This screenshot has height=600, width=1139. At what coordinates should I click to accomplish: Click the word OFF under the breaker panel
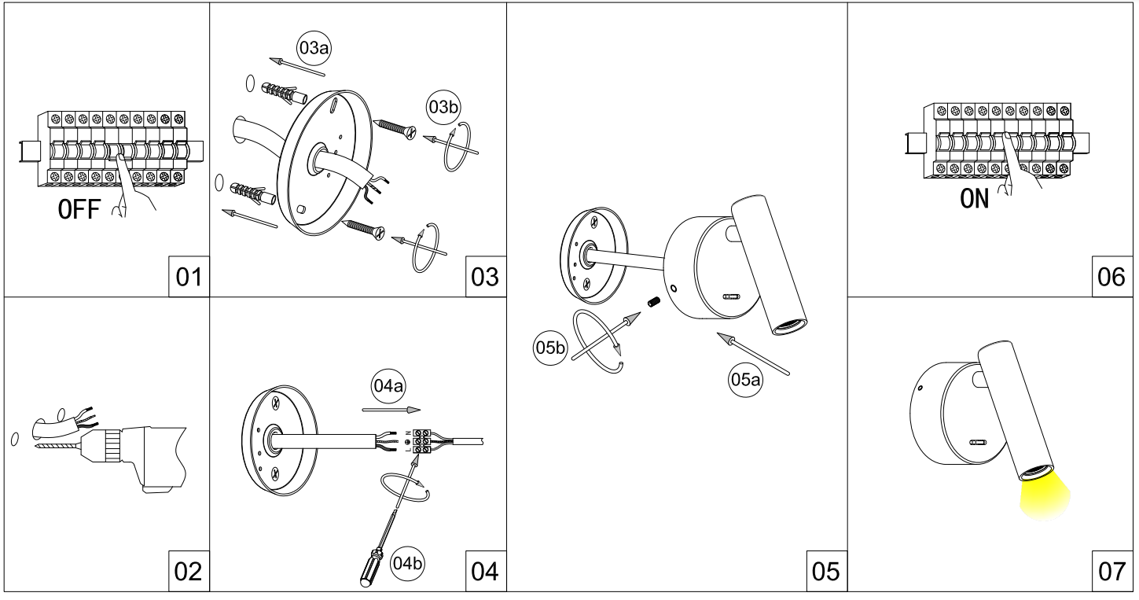79,209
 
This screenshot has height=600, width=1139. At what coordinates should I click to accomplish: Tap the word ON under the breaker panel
974,199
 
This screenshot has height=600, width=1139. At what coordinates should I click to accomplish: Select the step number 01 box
189,277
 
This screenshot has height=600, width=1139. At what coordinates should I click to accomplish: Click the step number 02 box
189,571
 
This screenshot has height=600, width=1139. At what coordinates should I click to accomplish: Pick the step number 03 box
486,277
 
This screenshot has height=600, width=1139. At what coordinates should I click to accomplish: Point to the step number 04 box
486,571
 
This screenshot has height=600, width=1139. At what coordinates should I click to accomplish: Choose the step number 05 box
827,571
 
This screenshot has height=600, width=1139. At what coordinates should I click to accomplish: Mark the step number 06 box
1112,277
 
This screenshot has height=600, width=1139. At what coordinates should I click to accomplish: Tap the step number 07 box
1112,571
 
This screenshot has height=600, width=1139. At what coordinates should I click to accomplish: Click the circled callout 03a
314,48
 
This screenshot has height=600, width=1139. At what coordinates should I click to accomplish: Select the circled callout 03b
443,107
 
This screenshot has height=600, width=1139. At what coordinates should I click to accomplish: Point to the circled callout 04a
388,386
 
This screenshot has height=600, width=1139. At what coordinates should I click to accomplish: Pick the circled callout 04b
407,563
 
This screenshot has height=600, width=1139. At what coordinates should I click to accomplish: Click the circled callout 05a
745,379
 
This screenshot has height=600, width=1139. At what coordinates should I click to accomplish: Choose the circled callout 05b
550,348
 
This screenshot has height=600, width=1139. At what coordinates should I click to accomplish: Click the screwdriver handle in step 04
370,567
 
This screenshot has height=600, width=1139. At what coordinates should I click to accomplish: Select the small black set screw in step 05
654,302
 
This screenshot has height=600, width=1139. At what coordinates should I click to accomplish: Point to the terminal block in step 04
422,441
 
